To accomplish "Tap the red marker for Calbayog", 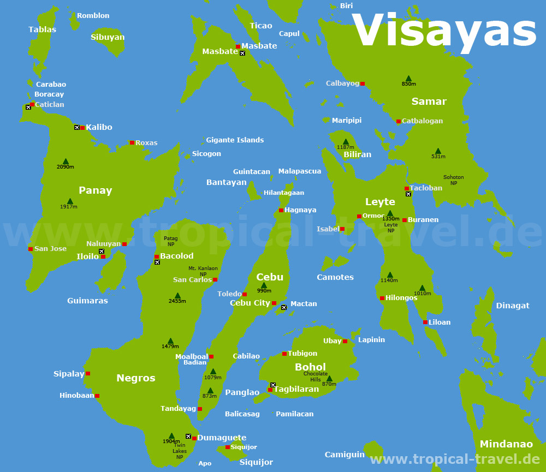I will pyautogui.click(x=362, y=84).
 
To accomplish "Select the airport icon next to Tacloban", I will pyautogui.click(x=408, y=194).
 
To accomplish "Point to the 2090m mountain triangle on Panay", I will pyautogui.click(x=66, y=161).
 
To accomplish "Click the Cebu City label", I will pyautogui.click(x=250, y=303).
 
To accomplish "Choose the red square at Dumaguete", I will pyautogui.click(x=194, y=438).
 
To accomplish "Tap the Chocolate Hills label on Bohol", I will pyautogui.click(x=316, y=377).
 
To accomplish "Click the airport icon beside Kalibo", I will pyautogui.click(x=77, y=127).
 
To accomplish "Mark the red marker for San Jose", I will pyautogui.click(x=31, y=249).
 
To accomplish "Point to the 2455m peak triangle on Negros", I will pyautogui.click(x=177, y=296).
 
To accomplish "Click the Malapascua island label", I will pyautogui.click(x=300, y=171).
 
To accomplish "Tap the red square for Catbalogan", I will pyautogui.click(x=399, y=121).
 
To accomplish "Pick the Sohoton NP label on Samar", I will pyautogui.click(x=454, y=180).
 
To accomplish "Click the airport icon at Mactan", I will pyautogui.click(x=284, y=308).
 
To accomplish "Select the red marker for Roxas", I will pyautogui.click(x=132, y=143).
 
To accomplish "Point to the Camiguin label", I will pyautogui.click(x=345, y=455).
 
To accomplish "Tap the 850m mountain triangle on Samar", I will pyautogui.click(x=408, y=78).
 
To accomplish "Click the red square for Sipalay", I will pyautogui.click(x=88, y=374).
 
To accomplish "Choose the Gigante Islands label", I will pyautogui.click(x=235, y=140).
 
